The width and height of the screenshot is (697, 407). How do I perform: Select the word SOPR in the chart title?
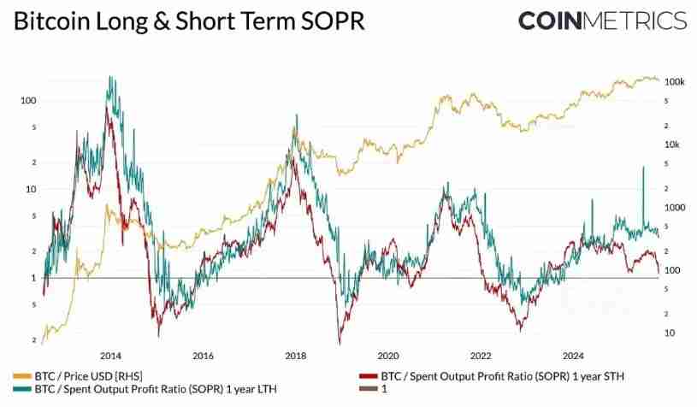(328, 21)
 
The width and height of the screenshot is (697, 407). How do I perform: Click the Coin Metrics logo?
(602, 21)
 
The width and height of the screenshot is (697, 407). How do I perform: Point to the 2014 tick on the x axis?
(110, 356)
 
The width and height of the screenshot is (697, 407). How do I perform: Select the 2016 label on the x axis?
(203, 356)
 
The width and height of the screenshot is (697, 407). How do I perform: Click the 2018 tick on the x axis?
(295, 356)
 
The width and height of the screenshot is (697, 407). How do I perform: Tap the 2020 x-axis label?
(388, 356)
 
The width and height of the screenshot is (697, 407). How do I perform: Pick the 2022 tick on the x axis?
(481, 356)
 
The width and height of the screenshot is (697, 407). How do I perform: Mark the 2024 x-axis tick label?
(573, 356)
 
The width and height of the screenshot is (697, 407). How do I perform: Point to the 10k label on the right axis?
(672, 145)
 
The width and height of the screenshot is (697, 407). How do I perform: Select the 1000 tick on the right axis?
(674, 208)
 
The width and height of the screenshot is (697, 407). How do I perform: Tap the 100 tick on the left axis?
(28, 100)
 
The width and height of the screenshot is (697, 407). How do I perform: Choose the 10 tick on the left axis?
(31, 189)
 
